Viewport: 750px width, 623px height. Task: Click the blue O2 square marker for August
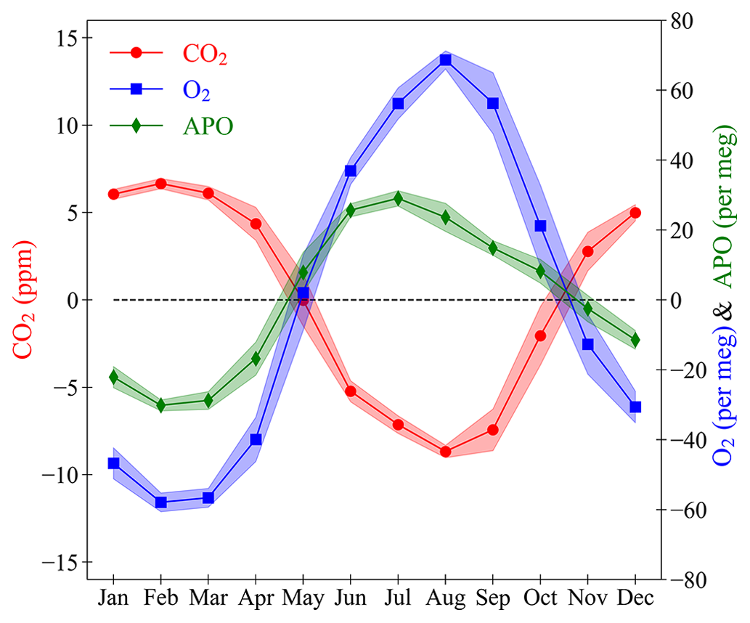pos(446,60)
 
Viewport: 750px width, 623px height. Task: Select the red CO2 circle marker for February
pos(161,184)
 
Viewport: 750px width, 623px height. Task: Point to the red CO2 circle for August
pos(446,452)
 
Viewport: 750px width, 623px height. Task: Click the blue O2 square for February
pos(161,502)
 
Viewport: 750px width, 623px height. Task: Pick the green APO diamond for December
pos(635,339)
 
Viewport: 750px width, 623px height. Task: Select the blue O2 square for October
pos(540,226)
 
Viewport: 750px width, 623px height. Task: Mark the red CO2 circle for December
pos(635,213)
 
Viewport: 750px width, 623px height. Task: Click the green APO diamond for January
pos(113,377)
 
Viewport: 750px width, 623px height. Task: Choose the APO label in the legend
pos(208,126)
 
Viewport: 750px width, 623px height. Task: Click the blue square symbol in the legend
pos(135,90)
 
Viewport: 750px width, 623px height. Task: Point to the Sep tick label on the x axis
pos(493,599)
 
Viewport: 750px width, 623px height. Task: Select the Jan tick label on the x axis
pos(113,599)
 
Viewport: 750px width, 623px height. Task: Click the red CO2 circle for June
pos(351,391)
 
